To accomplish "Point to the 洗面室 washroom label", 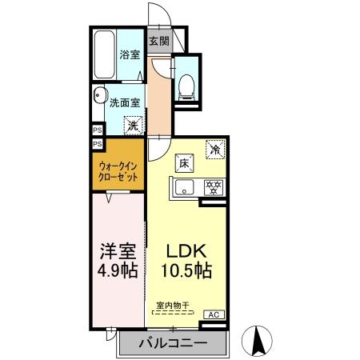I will (125, 102).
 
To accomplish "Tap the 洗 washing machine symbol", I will (134, 125).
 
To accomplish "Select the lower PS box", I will (97, 144).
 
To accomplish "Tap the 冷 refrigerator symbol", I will (214, 149).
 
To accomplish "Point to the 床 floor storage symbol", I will (182, 164).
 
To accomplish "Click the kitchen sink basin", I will (183, 189).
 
